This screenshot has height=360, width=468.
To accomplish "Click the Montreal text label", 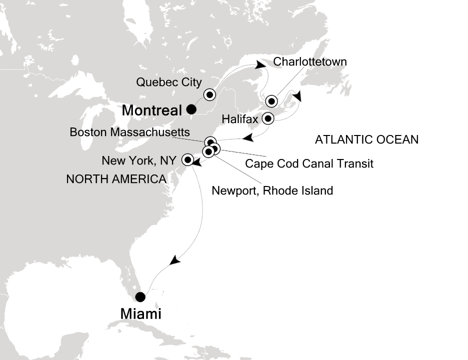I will coord(151,110).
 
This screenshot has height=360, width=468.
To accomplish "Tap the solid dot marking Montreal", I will coord(191,109).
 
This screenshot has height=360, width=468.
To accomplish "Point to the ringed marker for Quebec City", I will coord(209,94).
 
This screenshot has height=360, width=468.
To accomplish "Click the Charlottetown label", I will coord(309,62).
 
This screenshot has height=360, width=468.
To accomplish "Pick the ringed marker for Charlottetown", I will coord(271,101).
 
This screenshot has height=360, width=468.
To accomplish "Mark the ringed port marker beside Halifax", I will coord(268,119).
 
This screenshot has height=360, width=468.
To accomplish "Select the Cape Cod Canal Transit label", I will coord(309,163).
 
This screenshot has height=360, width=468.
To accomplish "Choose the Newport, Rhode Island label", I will coord(272,190).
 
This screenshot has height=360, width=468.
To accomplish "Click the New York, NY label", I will coord(139,161).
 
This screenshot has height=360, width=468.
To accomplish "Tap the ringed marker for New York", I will coord(188,160).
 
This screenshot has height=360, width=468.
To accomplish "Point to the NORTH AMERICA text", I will coord(116,178).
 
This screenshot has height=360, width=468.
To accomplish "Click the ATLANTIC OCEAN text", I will coord(366,140).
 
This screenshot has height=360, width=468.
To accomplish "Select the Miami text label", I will coord(141,314).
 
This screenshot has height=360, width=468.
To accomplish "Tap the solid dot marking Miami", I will coord(141,296).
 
